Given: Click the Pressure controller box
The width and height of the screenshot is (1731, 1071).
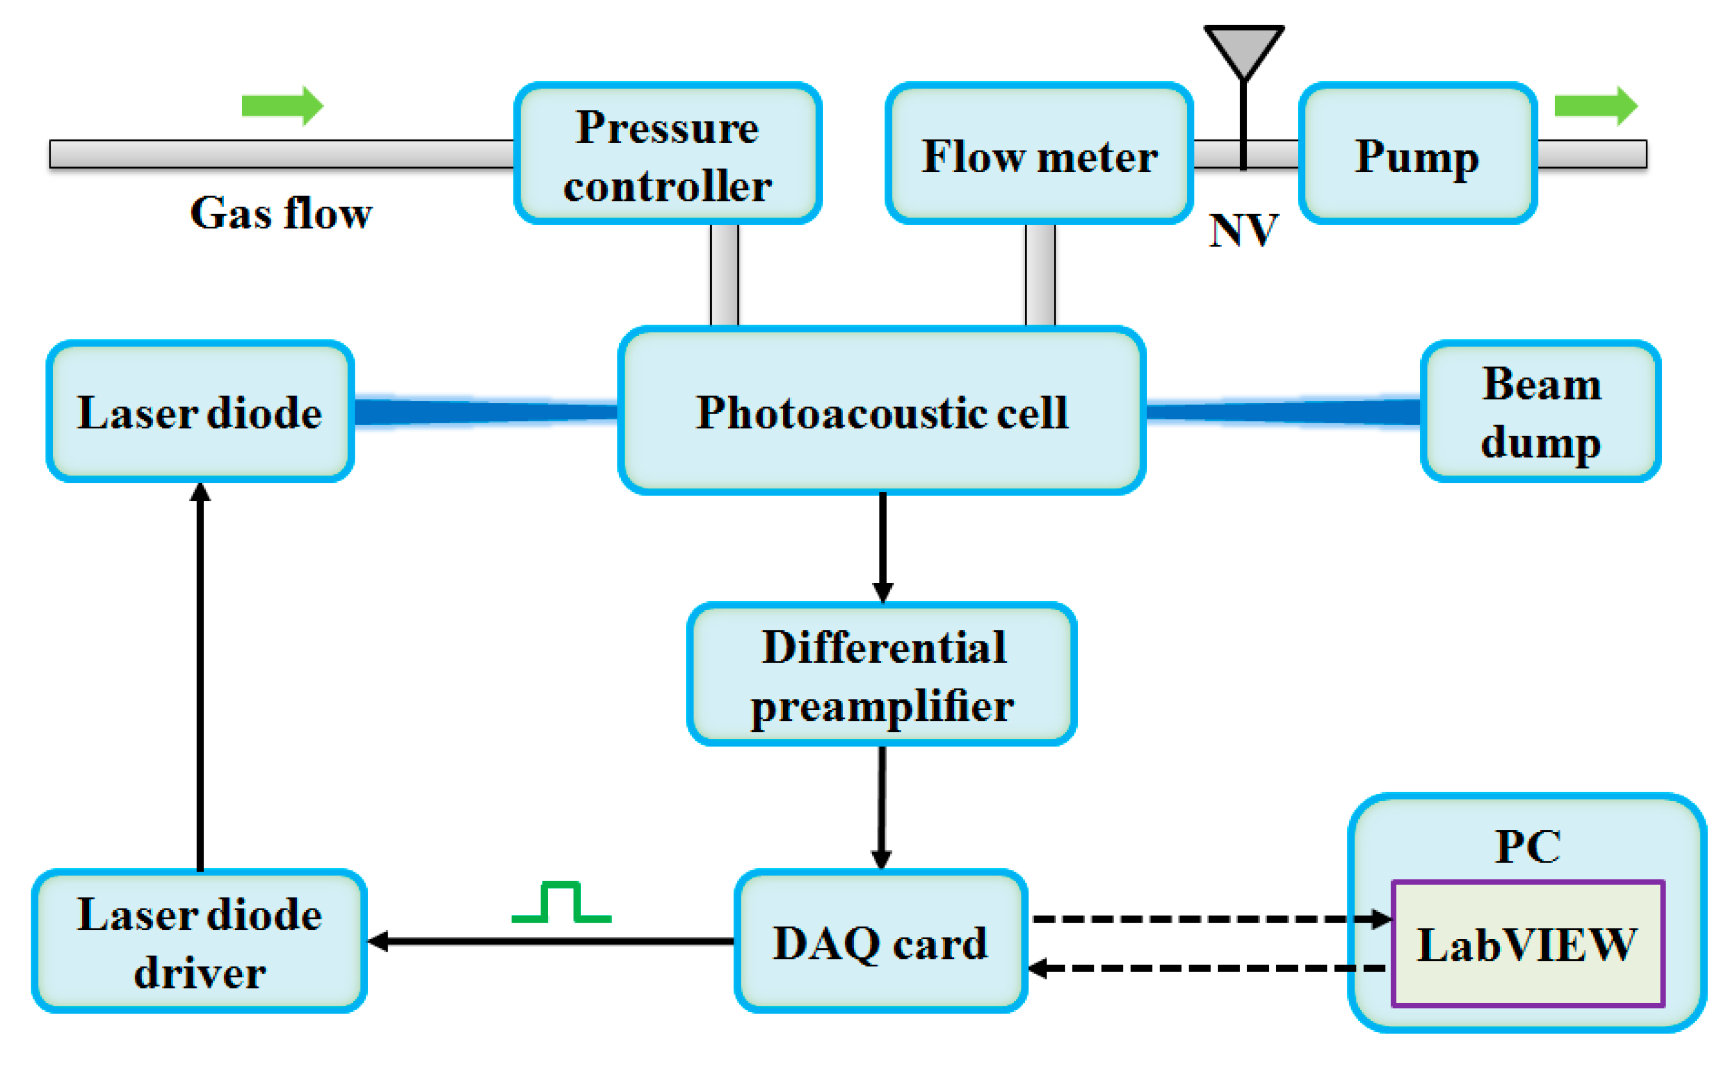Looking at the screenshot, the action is click(x=667, y=153).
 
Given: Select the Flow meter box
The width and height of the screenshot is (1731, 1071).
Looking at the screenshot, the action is click(x=1039, y=153).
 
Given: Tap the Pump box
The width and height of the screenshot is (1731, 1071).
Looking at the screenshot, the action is click(x=1417, y=153).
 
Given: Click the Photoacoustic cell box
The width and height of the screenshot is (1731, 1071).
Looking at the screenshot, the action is click(x=882, y=410).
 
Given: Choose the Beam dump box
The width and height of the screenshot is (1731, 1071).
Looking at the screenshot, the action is click(x=1541, y=411).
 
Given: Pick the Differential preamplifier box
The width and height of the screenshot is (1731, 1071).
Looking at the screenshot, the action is click(x=882, y=674).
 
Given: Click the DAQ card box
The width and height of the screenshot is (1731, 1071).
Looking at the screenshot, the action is click(x=881, y=941).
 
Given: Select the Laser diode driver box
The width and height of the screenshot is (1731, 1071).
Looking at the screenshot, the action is click(x=199, y=941).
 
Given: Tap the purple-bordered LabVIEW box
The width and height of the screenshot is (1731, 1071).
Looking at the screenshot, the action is click(x=1527, y=943).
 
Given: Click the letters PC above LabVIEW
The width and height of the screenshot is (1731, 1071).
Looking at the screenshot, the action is click(x=1527, y=846).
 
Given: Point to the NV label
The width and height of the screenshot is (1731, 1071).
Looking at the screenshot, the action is click(x=1243, y=230).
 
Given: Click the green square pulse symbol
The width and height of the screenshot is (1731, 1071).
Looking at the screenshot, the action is click(x=561, y=901).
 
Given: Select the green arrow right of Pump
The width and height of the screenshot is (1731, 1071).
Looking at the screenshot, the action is click(x=1596, y=106).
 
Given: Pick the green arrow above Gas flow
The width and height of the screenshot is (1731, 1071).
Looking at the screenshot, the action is click(x=283, y=106).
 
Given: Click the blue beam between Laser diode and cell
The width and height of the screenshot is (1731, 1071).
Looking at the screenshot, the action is click(x=485, y=411).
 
